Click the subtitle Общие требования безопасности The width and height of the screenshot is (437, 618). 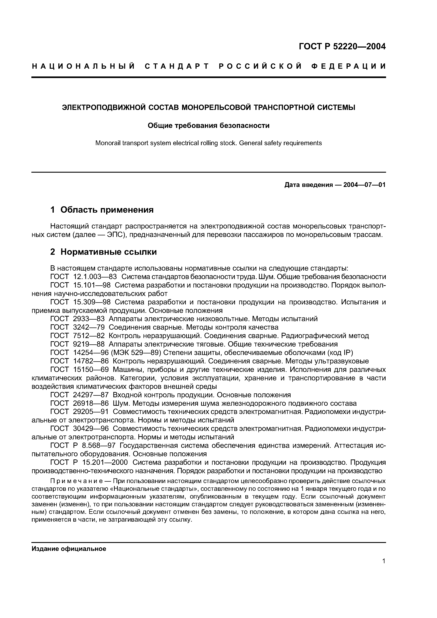[x=209, y=125]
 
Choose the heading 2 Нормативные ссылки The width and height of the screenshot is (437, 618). [x=103, y=252]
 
